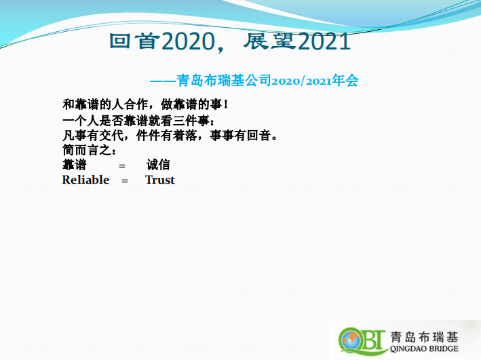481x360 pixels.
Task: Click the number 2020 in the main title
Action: click(188, 41)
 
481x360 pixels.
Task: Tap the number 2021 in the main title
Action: click(324, 41)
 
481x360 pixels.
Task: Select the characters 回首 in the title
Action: click(135, 41)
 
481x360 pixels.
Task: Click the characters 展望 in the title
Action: click(270, 41)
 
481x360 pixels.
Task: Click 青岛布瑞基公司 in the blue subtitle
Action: click(224, 81)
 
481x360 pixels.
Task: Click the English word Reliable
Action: click(85, 180)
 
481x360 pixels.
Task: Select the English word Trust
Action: click(160, 180)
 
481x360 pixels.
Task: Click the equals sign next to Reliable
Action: click(125, 181)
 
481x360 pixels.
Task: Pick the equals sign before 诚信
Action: click(122, 166)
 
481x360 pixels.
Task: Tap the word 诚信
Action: click(158, 165)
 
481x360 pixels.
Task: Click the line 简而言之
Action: click(90, 150)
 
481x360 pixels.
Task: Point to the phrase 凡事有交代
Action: click(93, 135)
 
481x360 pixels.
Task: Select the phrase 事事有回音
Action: click(240, 135)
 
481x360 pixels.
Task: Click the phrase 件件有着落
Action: click(167, 135)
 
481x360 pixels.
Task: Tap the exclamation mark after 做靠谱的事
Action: click(226, 104)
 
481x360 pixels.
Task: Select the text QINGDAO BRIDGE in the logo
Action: click(424, 348)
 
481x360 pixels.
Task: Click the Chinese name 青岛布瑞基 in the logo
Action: click(424, 337)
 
